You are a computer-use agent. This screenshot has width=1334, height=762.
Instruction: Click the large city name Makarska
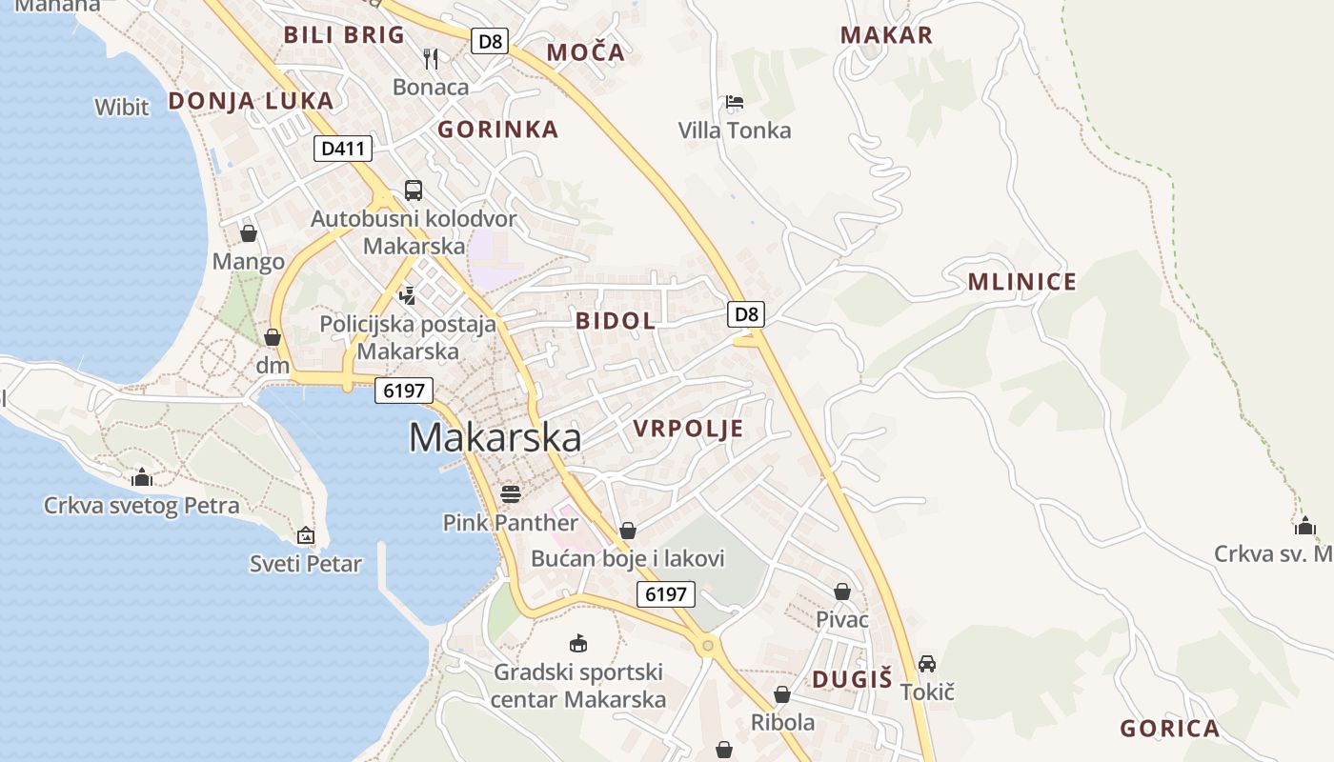[x=495, y=437]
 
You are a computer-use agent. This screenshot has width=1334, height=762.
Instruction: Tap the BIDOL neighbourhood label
[x=616, y=321]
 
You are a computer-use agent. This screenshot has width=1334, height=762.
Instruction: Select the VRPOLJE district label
[x=688, y=429]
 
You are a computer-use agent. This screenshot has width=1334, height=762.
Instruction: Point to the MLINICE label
[x=1022, y=282]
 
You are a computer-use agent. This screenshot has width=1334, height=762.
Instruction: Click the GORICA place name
[x=1169, y=730]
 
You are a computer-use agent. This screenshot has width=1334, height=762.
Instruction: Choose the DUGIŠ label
[x=852, y=679]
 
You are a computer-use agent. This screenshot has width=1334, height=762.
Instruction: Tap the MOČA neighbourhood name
[x=586, y=52]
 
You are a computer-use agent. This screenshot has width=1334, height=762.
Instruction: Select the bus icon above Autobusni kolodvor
[x=414, y=190]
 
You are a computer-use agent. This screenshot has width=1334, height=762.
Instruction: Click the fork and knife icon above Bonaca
[x=431, y=59]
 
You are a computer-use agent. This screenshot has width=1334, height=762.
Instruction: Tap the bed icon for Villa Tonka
[x=734, y=102]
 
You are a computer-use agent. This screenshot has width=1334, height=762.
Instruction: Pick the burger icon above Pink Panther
[x=511, y=493]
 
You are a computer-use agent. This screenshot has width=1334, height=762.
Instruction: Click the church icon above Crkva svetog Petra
[x=142, y=476]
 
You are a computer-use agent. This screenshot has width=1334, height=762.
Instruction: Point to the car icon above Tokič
[x=927, y=663]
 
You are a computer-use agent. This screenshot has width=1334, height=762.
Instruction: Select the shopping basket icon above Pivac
[x=842, y=592]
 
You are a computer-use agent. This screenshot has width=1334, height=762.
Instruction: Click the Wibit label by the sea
[x=122, y=107]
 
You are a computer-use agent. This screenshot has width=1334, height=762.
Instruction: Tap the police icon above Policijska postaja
[x=408, y=295]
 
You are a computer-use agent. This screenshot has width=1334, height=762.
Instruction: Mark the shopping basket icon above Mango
[x=249, y=233]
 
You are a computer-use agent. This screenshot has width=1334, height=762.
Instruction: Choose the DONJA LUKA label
[x=251, y=101]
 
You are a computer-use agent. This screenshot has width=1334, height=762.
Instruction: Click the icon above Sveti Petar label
[x=306, y=535]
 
